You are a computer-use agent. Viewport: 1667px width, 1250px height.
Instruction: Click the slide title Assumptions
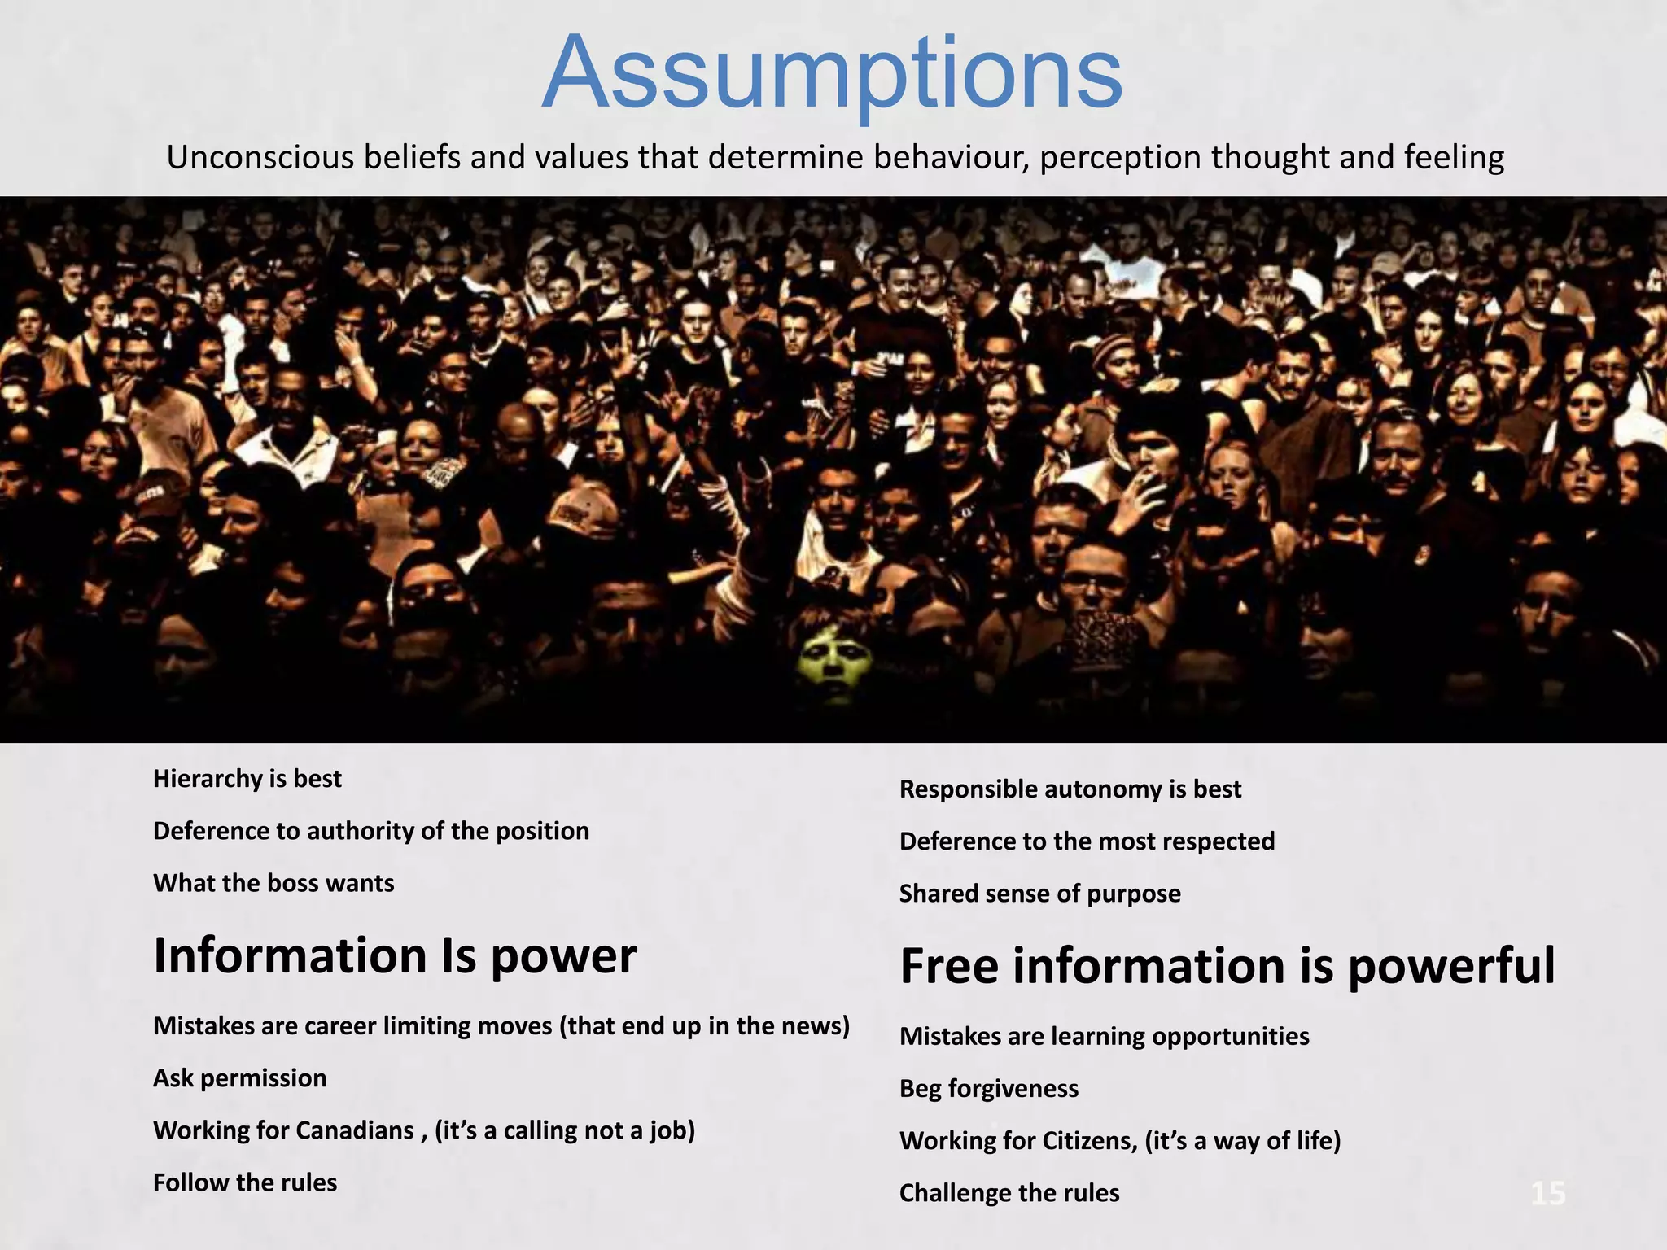pos(832,73)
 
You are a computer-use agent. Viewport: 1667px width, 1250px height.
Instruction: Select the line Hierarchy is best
pos(247,779)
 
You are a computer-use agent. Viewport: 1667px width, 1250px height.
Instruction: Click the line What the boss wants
pos(273,883)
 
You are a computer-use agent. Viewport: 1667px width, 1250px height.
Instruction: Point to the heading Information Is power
pos(395,955)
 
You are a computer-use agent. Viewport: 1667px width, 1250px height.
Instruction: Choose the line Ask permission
pos(240,1078)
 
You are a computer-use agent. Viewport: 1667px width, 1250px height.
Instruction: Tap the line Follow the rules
pos(245,1182)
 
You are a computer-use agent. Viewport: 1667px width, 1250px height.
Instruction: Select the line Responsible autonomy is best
pos(1070,789)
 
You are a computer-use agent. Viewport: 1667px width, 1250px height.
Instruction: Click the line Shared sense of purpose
pos(1039,894)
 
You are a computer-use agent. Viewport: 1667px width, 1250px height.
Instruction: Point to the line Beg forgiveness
pos(989,1089)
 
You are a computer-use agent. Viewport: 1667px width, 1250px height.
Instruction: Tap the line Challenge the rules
pos(1009,1193)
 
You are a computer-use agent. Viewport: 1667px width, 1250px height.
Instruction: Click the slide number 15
pos(1548,1194)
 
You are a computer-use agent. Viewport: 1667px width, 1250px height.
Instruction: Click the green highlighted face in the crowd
pos(829,656)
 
